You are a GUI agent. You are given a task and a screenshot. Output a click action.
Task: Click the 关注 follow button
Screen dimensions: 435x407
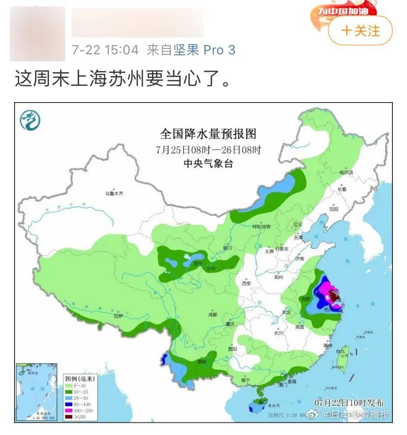pyautogui.click(x=360, y=30)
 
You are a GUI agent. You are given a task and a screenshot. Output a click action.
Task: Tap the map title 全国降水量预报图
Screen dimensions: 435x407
pyautogui.click(x=208, y=134)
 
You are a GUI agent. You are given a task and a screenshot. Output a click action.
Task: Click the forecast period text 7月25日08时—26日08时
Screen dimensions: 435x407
pyautogui.click(x=208, y=149)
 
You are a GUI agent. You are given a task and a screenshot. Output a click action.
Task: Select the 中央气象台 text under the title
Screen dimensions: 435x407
pyautogui.click(x=208, y=163)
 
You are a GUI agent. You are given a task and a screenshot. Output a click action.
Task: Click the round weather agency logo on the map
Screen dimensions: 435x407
pyautogui.click(x=30, y=119)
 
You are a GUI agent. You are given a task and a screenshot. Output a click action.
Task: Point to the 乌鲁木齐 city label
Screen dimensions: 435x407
pyautogui.click(x=118, y=193)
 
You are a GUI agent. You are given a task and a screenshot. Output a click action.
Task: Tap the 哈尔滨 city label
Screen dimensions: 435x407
pyautogui.click(x=346, y=172)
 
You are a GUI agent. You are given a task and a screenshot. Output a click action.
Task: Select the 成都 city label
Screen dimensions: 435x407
pyautogui.click(x=212, y=314)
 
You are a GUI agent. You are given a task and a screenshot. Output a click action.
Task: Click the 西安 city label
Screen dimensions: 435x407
pyautogui.click(x=247, y=283)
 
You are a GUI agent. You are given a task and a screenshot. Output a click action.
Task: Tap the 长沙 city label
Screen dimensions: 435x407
pyautogui.click(x=279, y=332)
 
